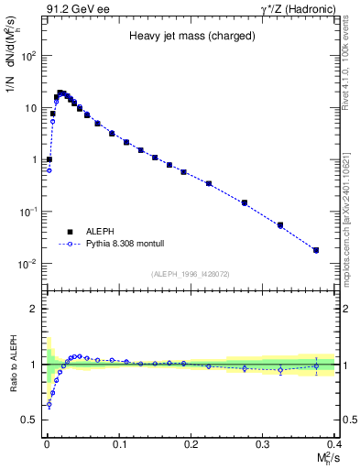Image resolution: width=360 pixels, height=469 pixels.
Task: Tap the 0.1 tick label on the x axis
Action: pos(118,443)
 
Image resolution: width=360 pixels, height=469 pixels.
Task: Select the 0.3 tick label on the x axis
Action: pos(262,443)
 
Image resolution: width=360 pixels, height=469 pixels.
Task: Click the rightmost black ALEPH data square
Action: pos(316,250)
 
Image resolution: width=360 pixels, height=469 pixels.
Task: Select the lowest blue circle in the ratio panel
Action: pos(49,404)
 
